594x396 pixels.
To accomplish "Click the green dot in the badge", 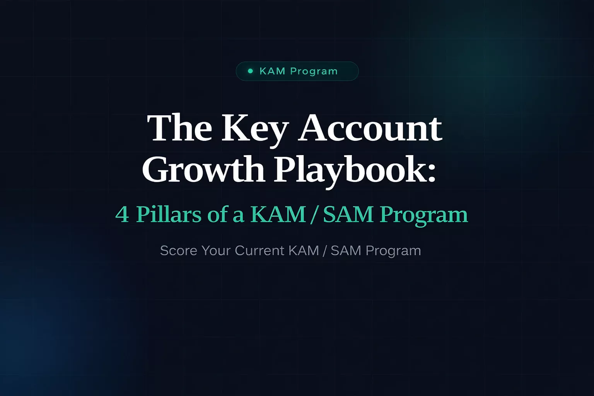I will click(x=250, y=71).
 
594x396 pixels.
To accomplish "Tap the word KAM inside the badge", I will click(x=272, y=71).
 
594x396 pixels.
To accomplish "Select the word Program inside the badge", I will click(x=314, y=72).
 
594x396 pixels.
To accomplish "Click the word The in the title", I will click(x=179, y=128).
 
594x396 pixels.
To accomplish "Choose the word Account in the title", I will click(x=370, y=128).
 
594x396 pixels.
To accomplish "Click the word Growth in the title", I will click(x=203, y=169).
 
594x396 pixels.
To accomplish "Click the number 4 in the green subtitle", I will click(x=122, y=214).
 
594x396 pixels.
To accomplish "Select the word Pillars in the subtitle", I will click(x=169, y=214).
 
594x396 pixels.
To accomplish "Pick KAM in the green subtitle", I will click(x=278, y=214).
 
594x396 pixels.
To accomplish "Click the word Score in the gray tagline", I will click(x=179, y=251).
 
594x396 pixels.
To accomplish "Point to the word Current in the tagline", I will click(x=259, y=251).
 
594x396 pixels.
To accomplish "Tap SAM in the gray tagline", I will click(x=346, y=251).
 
